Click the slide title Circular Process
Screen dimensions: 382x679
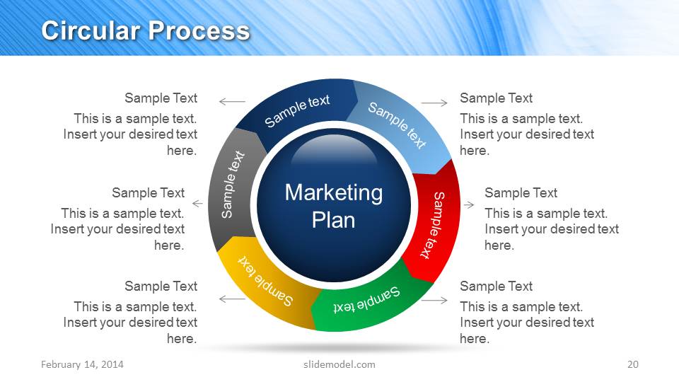[x=145, y=30]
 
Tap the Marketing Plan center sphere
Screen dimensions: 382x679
[x=333, y=205]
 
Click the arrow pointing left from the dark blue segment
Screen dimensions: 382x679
[x=232, y=102]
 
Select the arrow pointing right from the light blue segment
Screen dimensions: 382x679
[x=434, y=103]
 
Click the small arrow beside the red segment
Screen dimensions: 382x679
[x=469, y=204]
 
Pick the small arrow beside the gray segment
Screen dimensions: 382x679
[x=197, y=204]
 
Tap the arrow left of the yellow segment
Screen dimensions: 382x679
[x=232, y=299]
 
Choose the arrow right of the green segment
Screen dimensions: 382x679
[x=434, y=300]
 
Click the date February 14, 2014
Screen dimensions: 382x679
[x=82, y=364]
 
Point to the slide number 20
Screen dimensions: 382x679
[x=632, y=364]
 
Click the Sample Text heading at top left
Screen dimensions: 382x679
[x=161, y=98]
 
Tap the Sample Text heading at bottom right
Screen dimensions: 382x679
[x=496, y=286]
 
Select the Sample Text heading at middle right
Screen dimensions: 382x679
[x=521, y=193]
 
